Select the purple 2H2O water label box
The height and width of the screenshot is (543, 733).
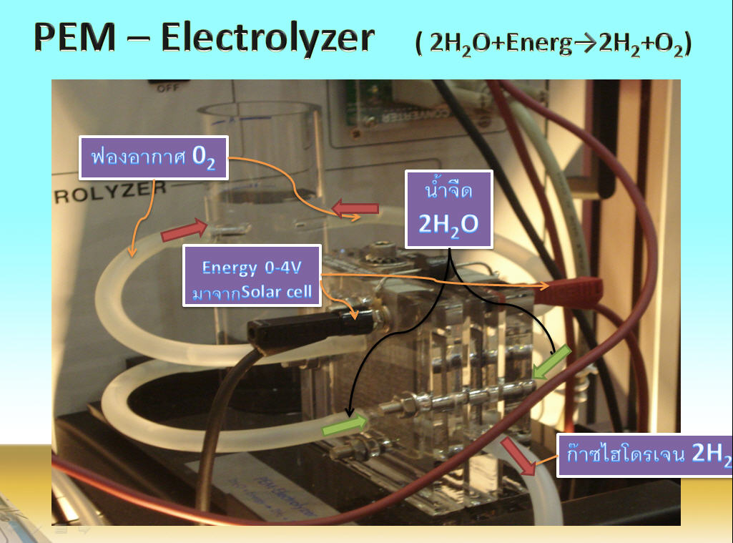(x=448, y=209)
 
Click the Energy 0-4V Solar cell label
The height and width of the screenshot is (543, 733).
(x=252, y=275)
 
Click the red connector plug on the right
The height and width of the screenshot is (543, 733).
(x=573, y=288)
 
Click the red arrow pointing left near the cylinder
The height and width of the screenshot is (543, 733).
(x=355, y=209)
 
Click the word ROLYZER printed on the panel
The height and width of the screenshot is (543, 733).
(x=111, y=192)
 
